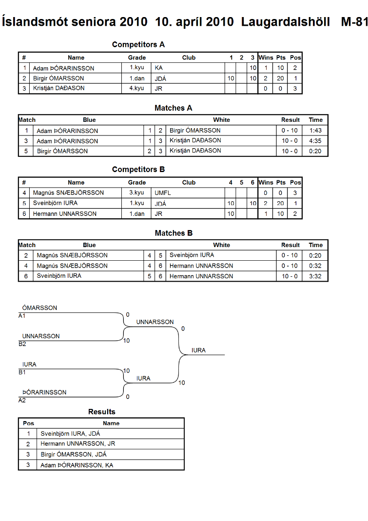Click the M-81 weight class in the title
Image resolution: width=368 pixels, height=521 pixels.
354,22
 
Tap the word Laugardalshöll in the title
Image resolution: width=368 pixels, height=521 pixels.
285,22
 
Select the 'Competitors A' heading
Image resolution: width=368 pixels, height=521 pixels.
138,44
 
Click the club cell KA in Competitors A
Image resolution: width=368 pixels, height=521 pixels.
158,68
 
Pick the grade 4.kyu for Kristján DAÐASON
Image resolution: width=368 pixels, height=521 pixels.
136,88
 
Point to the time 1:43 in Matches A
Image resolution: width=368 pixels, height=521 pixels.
315,130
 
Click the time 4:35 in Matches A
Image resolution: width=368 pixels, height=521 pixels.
315,140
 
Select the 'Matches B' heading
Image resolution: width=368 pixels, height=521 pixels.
174,233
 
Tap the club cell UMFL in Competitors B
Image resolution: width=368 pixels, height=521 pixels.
163,193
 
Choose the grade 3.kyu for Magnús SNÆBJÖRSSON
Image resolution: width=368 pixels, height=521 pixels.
136,193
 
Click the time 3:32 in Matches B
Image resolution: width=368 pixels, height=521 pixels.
315,276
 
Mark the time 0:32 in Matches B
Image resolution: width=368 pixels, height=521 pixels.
315,266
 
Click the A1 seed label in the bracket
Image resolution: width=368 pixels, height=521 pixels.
22,316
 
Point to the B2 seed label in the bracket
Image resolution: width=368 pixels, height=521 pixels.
22,344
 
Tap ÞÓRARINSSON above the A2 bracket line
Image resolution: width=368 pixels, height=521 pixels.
44,392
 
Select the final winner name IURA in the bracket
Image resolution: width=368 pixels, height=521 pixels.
198,350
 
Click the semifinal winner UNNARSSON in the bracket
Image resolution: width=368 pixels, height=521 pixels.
155,322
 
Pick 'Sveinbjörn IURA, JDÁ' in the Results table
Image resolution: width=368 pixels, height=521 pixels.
70,434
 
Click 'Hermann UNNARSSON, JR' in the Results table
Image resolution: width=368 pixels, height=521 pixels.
78,444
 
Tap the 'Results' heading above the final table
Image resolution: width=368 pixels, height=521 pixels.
102,412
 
